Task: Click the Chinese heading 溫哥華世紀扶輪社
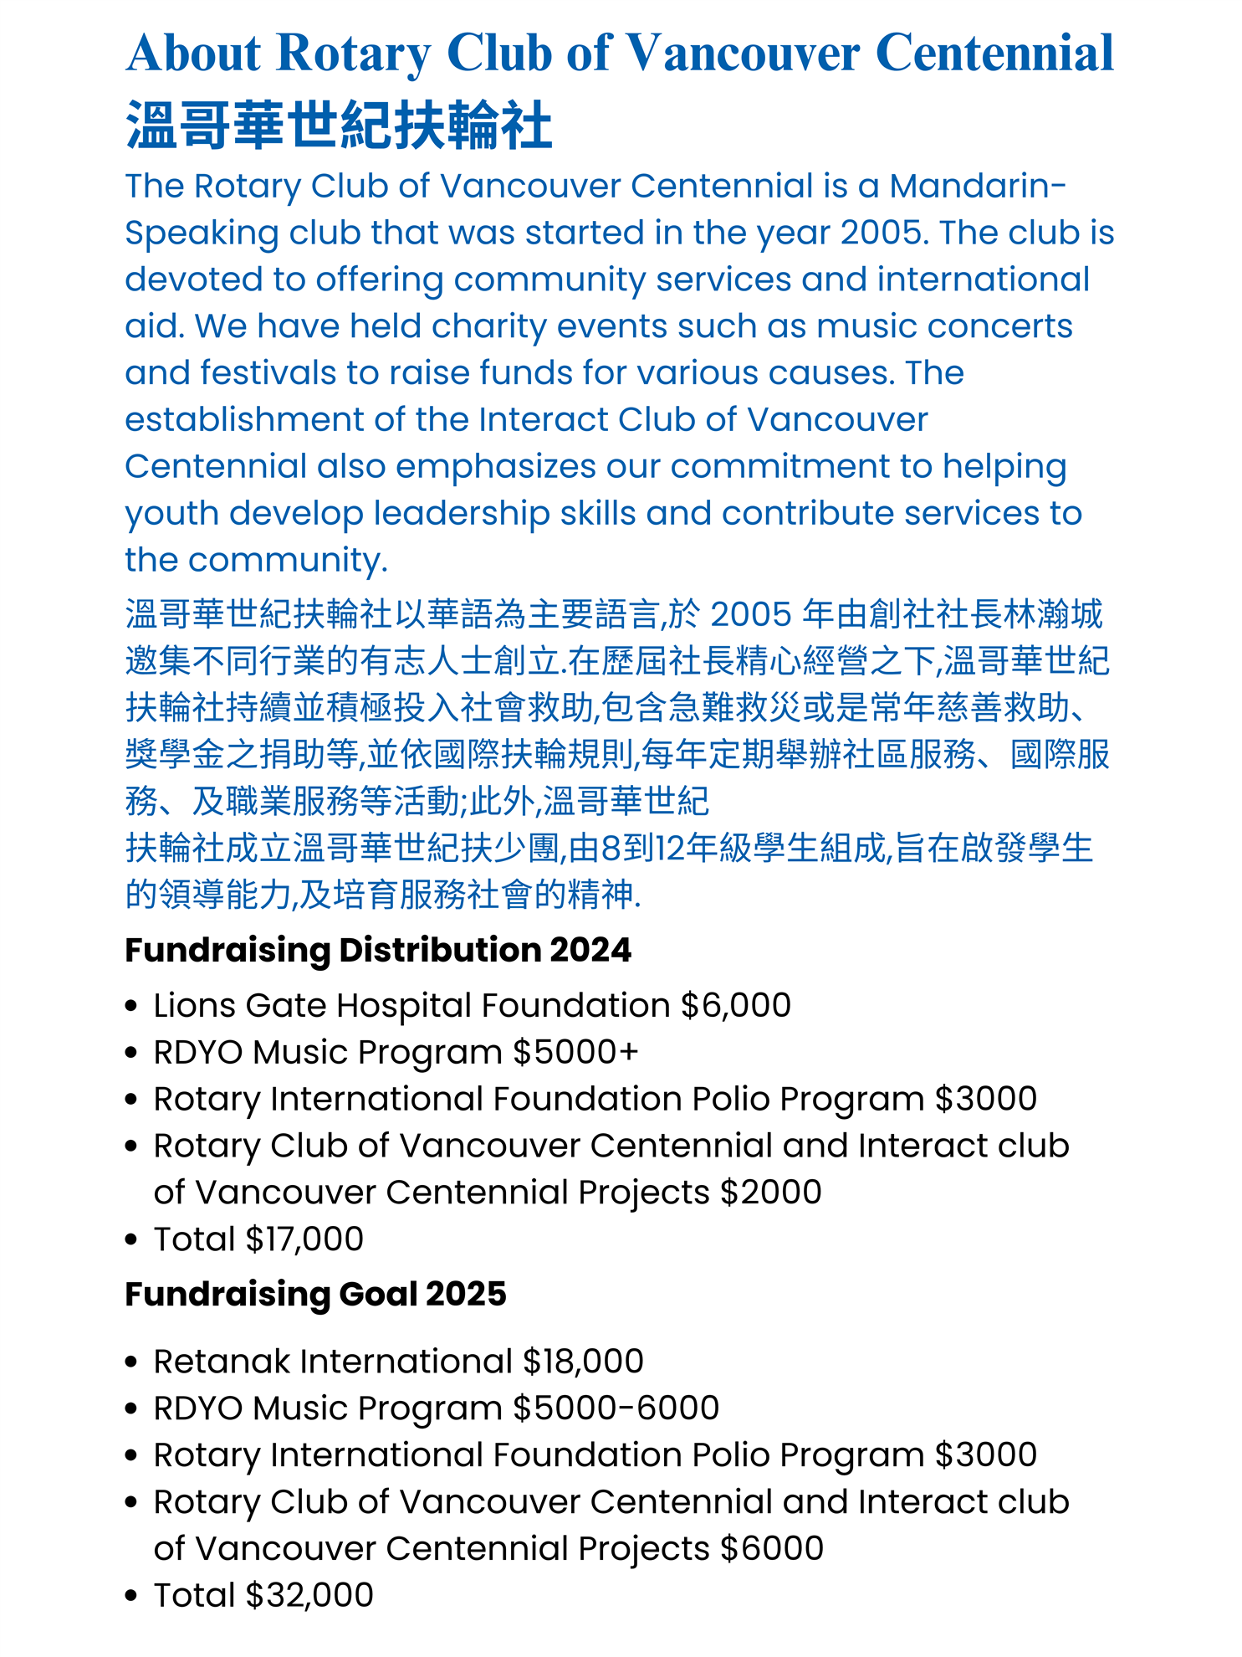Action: [339, 126]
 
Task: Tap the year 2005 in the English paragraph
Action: [883, 233]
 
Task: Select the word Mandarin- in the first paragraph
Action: [978, 186]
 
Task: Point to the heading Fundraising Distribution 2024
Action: [377, 950]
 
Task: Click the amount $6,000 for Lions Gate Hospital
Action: [735, 1005]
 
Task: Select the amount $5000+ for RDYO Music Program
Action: [575, 1052]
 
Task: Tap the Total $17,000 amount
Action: [304, 1239]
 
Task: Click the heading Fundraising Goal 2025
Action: [315, 1294]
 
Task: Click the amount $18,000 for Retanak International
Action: [583, 1362]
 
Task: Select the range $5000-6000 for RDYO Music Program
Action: [616, 1408]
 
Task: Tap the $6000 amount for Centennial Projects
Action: [771, 1549]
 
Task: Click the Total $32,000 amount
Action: [309, 1596]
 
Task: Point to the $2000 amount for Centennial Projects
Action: [770, 1193]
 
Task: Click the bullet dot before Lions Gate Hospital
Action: [130, 1006]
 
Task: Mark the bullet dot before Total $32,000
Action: [130, 1597]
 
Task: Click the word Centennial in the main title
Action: [994, 53]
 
